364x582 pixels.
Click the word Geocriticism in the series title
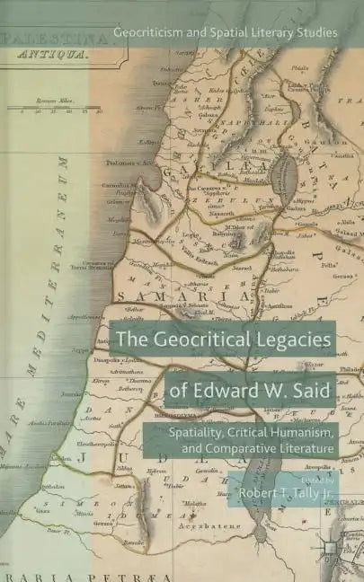147,32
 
